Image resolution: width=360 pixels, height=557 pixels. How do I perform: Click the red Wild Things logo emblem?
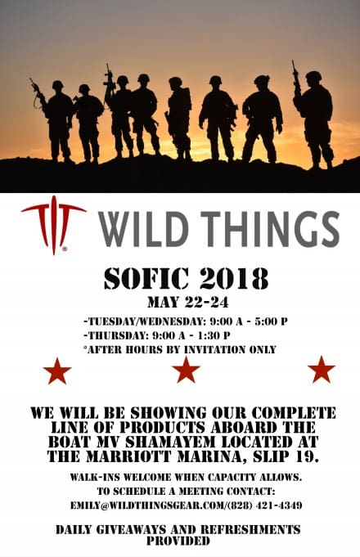click(54, 224)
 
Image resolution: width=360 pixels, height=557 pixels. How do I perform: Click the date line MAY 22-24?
click(188, 303)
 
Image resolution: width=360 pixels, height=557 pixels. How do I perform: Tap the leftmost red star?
click(57, 371)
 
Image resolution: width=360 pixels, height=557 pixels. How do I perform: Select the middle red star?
click(186, 370)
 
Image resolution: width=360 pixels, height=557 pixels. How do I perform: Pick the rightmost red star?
click(322, 370)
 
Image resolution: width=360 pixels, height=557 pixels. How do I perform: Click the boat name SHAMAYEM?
click(170, 442)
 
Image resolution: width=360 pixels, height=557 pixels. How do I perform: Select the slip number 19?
click(305, 456)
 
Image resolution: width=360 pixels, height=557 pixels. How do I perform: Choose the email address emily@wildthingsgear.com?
click(148, 505)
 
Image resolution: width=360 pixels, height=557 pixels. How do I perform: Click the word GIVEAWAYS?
click(132, 530)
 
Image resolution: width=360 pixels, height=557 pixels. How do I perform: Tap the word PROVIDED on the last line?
click(178, 541)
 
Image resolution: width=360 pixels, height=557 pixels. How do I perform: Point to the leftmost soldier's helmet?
click(57, 84)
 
